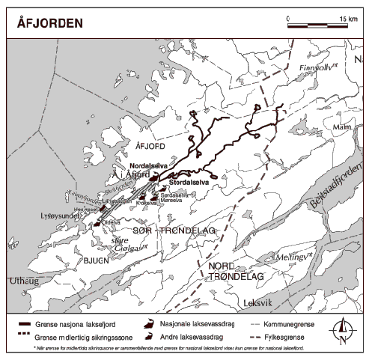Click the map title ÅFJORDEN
(x=49, y=22)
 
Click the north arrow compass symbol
(x=341, y=330)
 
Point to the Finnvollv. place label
(x=315, y=67)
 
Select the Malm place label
(x=341, y=128)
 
